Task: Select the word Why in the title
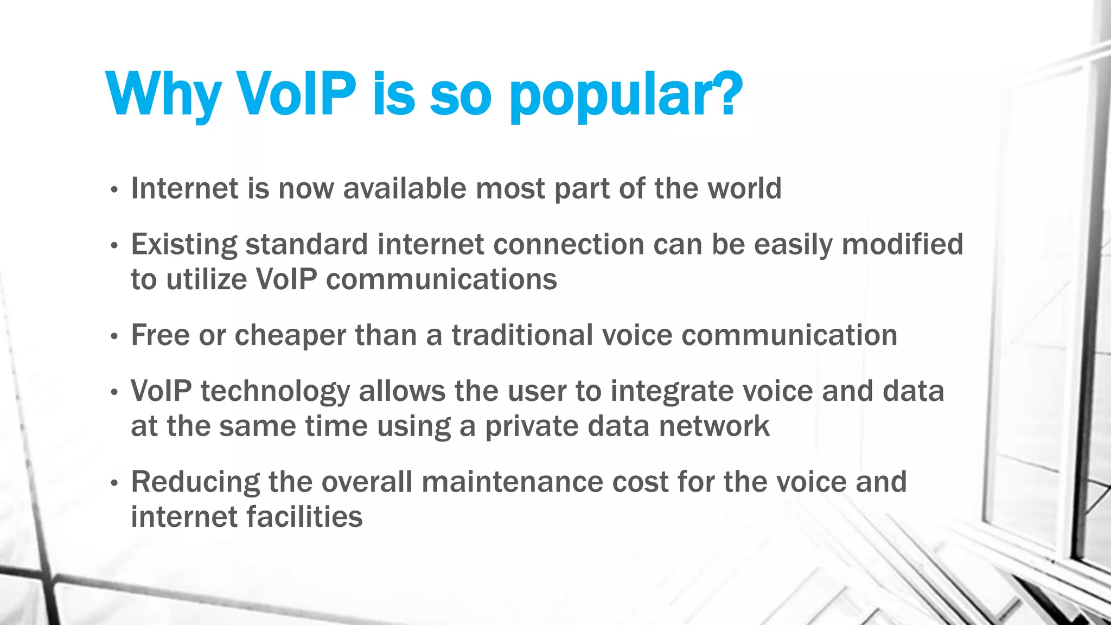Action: coord(163,95)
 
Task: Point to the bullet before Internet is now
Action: coord(114,190)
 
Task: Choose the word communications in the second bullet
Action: coord(442,279)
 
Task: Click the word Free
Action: coord(160,335)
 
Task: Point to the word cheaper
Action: coord(290,336)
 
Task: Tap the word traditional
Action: coord(522,335)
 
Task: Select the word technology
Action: coord(276,392)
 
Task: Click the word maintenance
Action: coord(512,482)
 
